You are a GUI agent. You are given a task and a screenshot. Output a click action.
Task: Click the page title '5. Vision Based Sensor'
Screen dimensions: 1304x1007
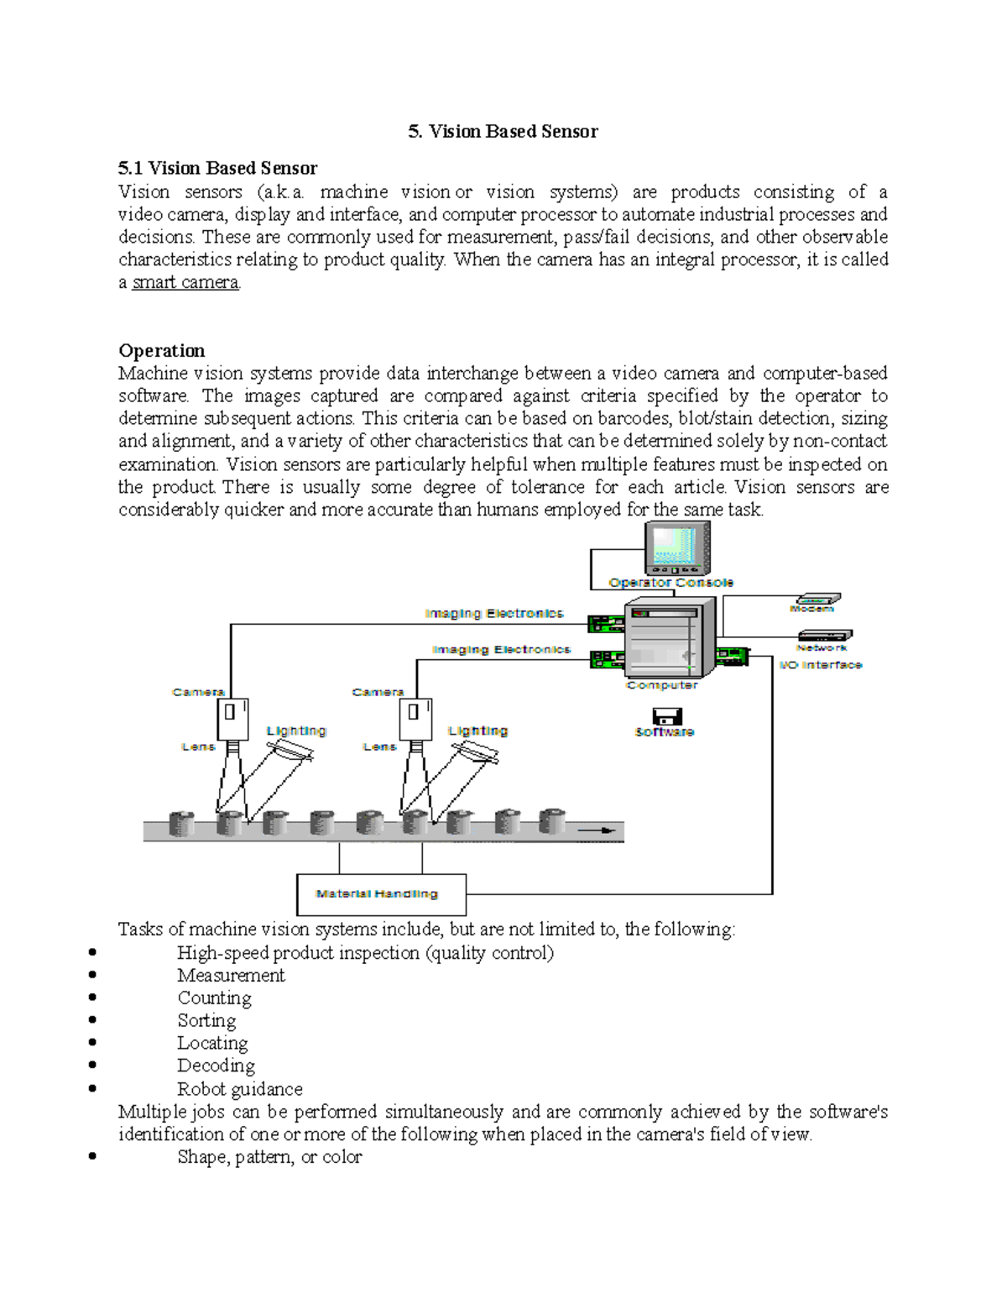click(503, 131)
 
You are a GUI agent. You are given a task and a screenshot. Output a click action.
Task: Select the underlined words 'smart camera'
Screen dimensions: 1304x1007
click(185, 282)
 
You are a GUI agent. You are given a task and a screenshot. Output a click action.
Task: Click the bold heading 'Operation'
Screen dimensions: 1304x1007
click(161, 350)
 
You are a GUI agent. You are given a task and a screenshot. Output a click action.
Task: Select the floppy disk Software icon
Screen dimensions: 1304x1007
click(666, 716)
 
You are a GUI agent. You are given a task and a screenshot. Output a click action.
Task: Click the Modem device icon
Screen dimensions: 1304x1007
click(817, 599)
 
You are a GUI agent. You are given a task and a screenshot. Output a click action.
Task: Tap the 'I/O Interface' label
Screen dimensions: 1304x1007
click(820, 665)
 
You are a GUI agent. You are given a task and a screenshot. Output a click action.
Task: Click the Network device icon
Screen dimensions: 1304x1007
click(824, 636)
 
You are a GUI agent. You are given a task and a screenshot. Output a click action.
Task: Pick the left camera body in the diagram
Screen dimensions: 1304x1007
click(232, 719)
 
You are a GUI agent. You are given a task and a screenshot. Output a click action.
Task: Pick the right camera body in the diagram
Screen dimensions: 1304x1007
click(415, 719)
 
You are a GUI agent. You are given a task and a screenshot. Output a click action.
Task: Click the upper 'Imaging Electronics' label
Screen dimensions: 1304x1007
click(493, 614)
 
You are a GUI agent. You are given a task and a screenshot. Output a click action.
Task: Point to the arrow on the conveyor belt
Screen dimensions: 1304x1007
click(597, 830)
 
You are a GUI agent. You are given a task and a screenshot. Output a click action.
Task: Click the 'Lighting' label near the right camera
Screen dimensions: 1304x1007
click(477, 731)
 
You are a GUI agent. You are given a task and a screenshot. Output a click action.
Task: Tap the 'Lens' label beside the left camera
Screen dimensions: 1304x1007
click(198, 746)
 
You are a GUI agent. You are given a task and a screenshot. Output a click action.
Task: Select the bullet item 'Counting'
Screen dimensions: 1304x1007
click(214, 998)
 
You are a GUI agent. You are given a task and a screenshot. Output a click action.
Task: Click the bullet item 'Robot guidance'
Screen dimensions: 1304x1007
click(239, 1089)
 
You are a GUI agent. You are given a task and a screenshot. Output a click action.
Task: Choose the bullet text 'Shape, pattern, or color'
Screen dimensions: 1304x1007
click(269, 1157)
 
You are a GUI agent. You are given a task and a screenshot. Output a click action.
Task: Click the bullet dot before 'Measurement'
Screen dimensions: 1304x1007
click(91, 976)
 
